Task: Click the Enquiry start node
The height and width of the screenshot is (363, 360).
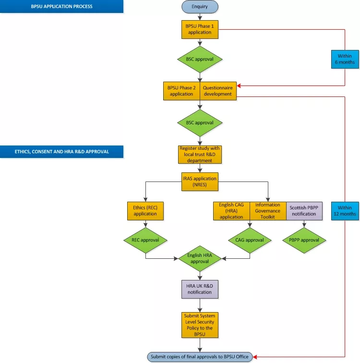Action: [x=200, y=7]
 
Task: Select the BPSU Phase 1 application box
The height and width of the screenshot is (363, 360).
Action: [x=200, y=29]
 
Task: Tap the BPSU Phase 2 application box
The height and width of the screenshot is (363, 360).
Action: [x=181, y=91]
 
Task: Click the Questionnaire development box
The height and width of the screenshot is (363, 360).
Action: [x=218, y=91]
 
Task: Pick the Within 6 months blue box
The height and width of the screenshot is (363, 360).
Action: [x=345, y=59]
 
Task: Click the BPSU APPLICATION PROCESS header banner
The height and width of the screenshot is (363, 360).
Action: [x=61, y=7]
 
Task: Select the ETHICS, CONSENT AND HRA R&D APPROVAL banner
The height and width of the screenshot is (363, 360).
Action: [x=61, y=151]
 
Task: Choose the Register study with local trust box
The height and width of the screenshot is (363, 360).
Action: [x=199, y=154]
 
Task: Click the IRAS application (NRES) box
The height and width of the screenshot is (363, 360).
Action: [x=199, y=181]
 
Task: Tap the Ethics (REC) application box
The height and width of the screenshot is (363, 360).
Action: [x=145, y=211]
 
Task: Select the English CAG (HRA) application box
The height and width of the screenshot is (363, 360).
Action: [x=231, y=211]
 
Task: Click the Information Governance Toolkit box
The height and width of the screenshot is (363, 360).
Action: [x=268, y=211]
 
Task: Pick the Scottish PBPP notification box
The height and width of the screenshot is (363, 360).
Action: [x=304, y=211]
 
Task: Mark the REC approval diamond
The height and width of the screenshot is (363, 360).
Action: [x=145, y=240]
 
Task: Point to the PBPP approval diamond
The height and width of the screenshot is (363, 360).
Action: [x=304, y=240]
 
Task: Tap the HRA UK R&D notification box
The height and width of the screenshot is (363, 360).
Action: [x=199, y=289]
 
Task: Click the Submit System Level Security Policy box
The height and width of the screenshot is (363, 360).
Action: [x=199, y=325]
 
